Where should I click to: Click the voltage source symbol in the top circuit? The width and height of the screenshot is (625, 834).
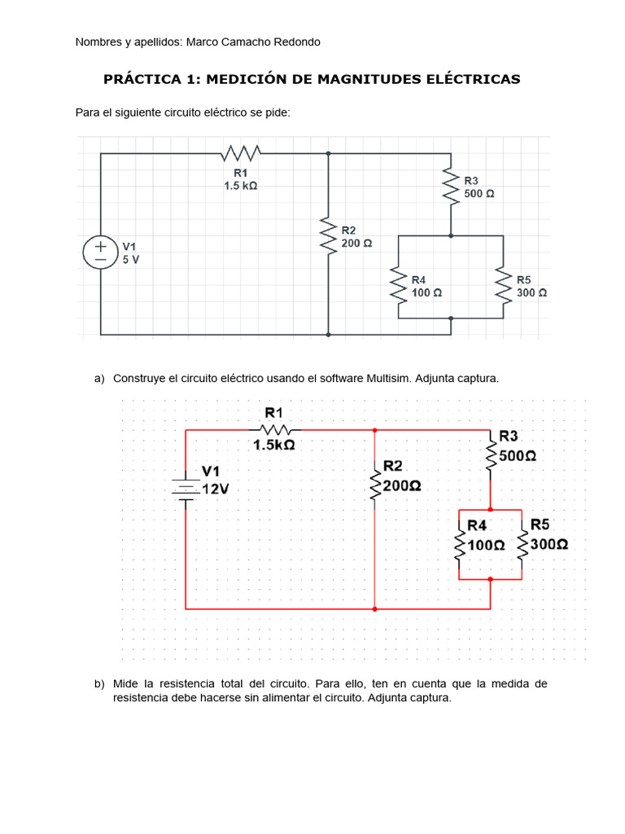coord(100,252)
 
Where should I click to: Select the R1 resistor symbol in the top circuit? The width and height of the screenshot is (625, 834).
coord(241,152)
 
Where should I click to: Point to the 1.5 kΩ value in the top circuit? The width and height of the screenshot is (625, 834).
coord(241,186)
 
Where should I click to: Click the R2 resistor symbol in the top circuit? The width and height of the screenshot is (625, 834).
coord(328,236)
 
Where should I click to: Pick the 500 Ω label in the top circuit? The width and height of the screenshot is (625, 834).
coord(479,194)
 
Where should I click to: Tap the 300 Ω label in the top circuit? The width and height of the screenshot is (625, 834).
coord(531,292)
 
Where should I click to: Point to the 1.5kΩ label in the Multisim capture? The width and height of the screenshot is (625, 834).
coord(274,446)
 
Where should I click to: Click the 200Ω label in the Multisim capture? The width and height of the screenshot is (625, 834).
coord(402,485)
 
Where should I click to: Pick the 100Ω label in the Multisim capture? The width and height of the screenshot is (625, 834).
coord(487,545)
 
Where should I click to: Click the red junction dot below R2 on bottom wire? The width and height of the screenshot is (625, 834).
coord(374,608)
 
